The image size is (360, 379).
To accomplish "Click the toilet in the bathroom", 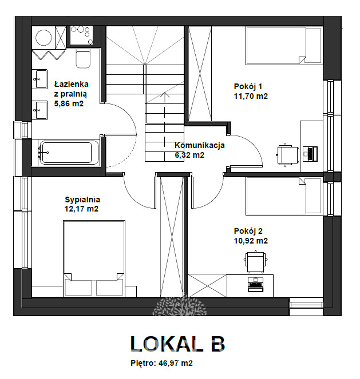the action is [83, 59].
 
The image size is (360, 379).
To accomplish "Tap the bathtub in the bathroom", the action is [69, 153].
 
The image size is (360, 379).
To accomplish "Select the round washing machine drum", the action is [43, 38].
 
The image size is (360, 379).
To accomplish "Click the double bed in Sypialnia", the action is [94, 258].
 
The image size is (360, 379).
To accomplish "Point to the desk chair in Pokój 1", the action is [287, 155].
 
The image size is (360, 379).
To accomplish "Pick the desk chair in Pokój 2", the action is [256, 262].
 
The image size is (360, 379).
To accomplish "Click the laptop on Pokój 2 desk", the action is [256, 285].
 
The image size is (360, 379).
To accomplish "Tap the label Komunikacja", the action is [200, 145].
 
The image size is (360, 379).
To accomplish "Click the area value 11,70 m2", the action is [251, 96].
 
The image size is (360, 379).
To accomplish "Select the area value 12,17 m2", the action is [81, 209].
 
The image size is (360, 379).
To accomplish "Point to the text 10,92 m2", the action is [251, 241].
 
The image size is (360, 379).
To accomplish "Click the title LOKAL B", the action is [178, 344].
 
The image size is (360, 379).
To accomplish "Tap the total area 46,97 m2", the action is [175, 363].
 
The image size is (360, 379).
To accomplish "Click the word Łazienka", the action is [72, 84].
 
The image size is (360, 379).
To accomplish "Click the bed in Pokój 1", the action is [284, 46].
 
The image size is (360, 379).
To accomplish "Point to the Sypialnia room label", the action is [82, 200].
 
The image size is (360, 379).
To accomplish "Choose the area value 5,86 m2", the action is [69, 103].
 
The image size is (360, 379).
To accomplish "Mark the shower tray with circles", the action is [82, 35].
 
